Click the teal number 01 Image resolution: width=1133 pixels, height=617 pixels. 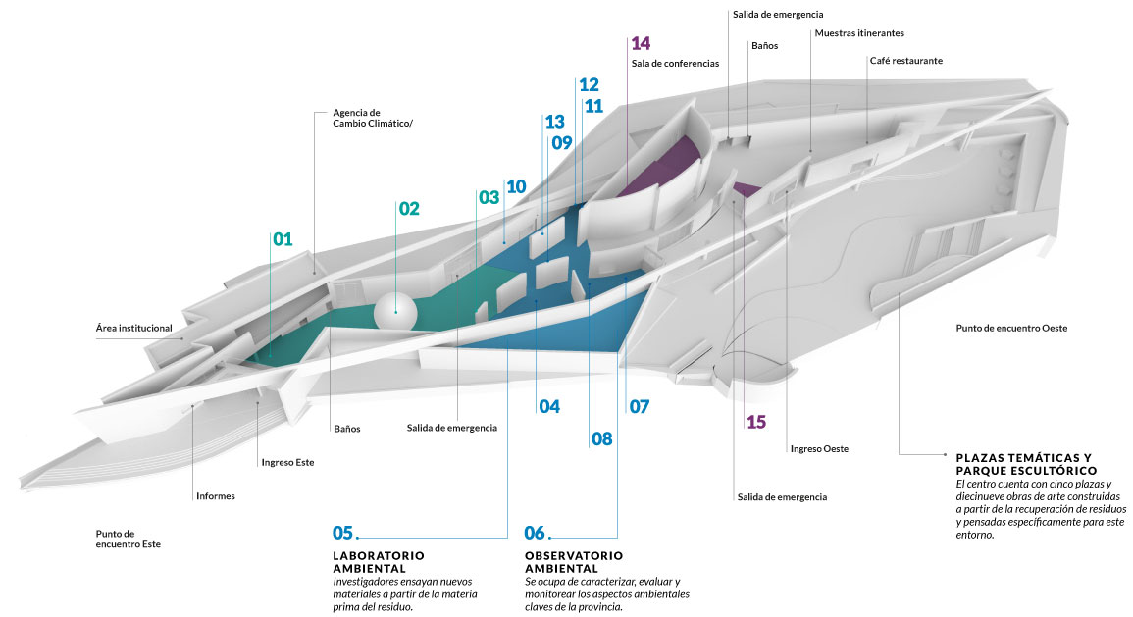click(283, 238)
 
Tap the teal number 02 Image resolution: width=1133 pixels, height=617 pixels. click(408, 209)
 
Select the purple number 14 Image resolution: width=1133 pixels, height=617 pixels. click(641, 43)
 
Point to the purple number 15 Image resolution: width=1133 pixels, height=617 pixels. click(755, 422)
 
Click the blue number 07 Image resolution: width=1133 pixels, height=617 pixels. click(639, 406)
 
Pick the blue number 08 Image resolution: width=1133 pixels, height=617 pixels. click(601, 439)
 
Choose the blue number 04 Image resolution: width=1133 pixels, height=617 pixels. click(548, 406)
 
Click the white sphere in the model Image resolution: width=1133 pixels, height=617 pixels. click(396, 311)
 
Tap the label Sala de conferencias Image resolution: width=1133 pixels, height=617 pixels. click(675, 64)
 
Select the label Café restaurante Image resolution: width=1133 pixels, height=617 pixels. click(905, 61)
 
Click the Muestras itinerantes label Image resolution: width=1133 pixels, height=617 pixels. click(859, 33)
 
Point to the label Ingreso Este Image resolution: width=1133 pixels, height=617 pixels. click(287, 462)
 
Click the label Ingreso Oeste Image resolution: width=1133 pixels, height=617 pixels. click(819, 449)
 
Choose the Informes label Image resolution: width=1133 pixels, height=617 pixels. click(215, 496)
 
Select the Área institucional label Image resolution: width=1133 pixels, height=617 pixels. click(134, 328)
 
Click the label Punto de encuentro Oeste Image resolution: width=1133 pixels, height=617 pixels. click(1010, 328)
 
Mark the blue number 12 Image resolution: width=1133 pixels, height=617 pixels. click(589, 85)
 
